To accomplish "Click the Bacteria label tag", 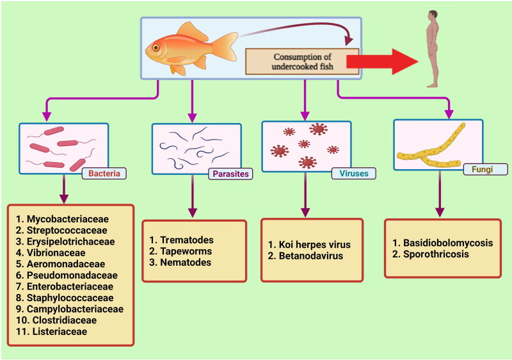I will pos(104,173).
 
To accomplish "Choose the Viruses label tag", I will pos(353,173).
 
